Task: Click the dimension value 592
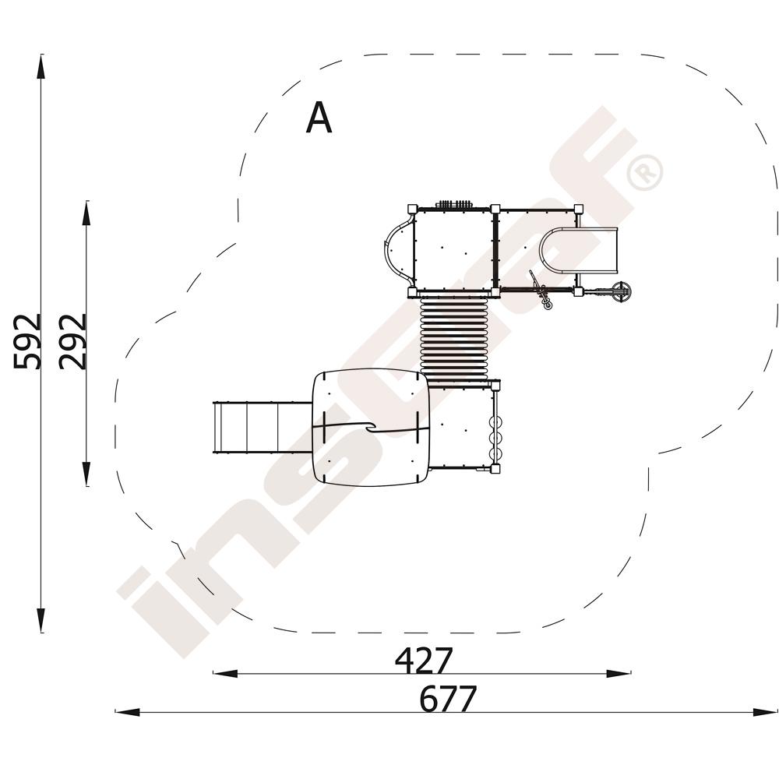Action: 26,342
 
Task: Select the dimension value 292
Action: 72,342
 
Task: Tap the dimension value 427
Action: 424,660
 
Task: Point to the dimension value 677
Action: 448,699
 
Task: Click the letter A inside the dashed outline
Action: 319,118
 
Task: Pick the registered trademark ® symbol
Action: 645,172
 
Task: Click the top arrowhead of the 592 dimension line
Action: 41,66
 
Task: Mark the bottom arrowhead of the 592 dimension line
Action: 41,619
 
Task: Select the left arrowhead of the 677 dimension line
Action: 127,713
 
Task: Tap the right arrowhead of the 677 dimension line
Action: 766,713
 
